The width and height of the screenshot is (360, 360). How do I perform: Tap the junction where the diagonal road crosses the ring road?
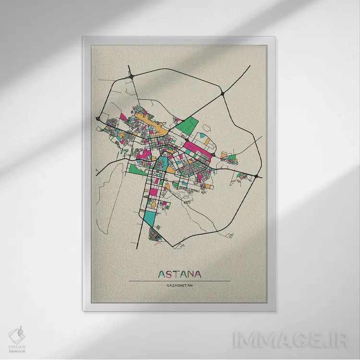click(x=223, y=93)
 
